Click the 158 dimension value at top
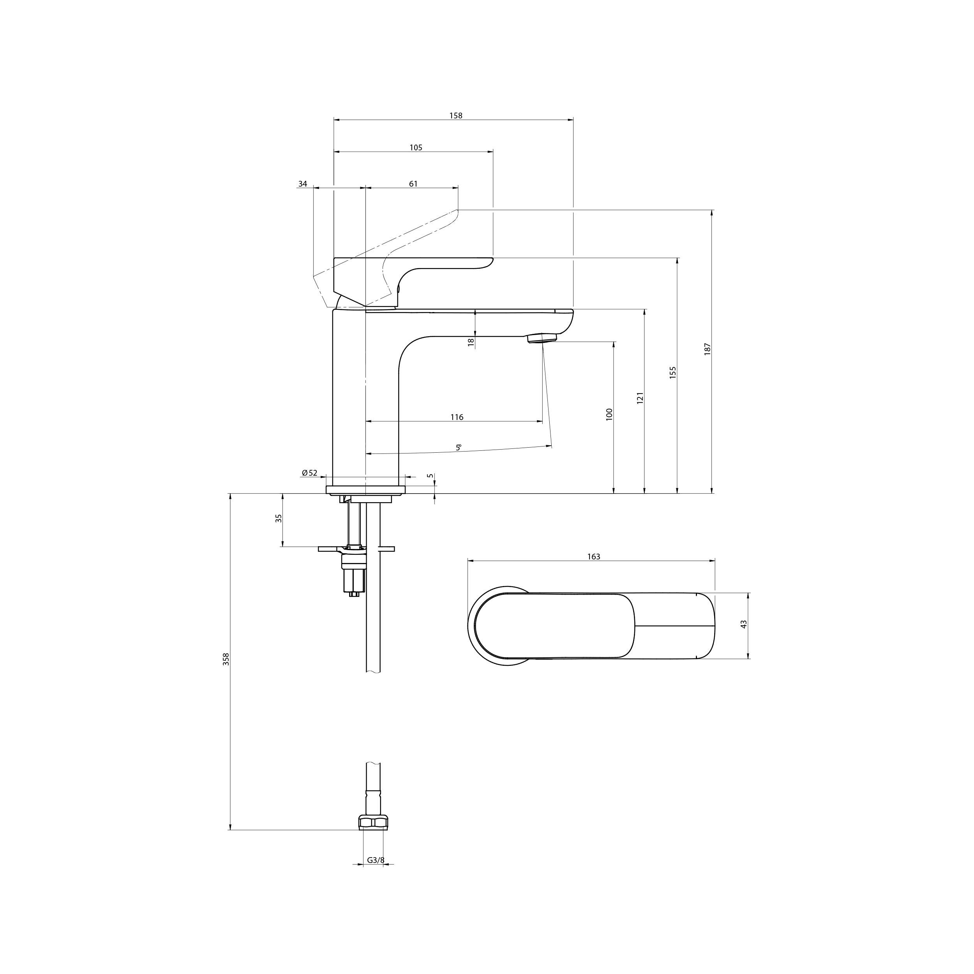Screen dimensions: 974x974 tap(456, 115)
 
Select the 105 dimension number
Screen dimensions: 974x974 tap(416, 148)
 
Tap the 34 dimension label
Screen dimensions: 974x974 tap(302, 184)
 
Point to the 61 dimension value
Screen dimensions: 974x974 tap(413, 184)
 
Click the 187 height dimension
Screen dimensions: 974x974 tap(707, 349)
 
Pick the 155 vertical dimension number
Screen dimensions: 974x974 tap(672, 372)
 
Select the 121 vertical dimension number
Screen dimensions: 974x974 tap(640, 398)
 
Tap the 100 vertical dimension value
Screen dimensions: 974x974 tap(609, 415)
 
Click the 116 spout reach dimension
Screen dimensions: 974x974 tap(457, 417)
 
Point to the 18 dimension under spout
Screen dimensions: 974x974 tap(471, 342)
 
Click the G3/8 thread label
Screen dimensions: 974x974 tap(376, 860)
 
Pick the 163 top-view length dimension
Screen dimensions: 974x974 tap(593, 557)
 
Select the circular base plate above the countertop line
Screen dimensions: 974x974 tap(366, 489)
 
